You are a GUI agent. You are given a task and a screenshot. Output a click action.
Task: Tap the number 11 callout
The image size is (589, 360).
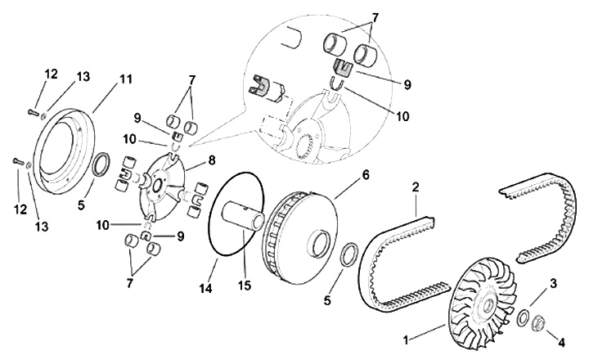point(125,79)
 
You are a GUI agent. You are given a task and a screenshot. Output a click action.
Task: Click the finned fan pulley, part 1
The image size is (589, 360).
point(483,295)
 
